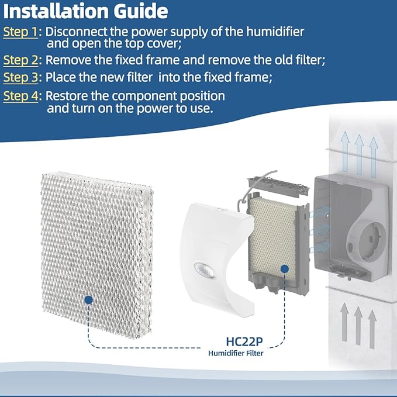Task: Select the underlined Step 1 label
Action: (x=20, y=32)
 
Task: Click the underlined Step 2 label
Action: (x=20, y=60)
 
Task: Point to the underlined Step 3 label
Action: (x=20, y=78)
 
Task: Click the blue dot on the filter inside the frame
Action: (x=284, y=269)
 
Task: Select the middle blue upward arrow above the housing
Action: (x=359, y=151)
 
